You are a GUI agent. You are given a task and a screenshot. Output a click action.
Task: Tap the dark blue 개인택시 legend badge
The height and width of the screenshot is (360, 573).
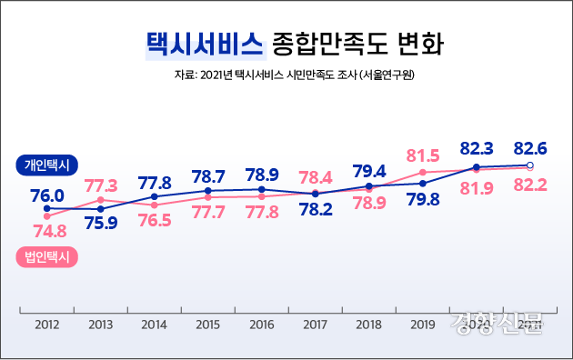[x=49, y=165]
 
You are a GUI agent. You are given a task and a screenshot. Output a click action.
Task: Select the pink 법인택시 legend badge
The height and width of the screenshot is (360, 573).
[x=49, y=256]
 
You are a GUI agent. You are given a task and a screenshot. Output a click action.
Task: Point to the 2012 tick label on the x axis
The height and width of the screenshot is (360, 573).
[x=46, y=324]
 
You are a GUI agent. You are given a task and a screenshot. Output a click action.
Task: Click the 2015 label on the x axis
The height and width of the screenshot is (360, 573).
[x=208, y=324]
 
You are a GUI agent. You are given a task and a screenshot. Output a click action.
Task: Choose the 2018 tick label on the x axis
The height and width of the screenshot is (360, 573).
[x=368, y=324]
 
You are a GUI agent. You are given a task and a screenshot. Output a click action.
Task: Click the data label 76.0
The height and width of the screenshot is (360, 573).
[x=47, y=195]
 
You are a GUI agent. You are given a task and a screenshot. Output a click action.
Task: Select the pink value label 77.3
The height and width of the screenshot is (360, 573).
[x=101, y=185]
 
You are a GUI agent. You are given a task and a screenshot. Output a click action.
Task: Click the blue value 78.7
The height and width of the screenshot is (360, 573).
[x=208, y=175]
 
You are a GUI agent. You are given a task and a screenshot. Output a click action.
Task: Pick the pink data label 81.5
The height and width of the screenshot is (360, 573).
[x=423, y=155]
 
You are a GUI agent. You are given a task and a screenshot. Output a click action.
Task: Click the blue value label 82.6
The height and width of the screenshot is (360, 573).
[x=530, y=147]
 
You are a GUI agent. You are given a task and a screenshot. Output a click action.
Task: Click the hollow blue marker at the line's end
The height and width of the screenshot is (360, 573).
[x=530, y=165]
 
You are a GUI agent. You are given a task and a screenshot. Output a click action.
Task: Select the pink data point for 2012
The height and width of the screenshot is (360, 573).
[x=46, y=216]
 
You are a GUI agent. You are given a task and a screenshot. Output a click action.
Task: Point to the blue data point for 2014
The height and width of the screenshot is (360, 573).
[x=155, y=196]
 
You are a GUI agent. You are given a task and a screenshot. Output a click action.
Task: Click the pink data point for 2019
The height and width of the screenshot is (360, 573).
[x=423, y=172]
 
